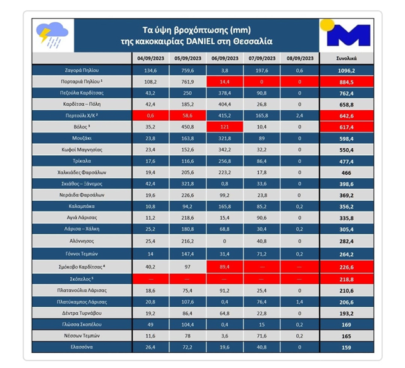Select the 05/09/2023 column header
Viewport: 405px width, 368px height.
pyautogui.click(x=188, y=58)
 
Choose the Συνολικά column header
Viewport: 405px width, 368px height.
pyautogui.click(x=346, y=58)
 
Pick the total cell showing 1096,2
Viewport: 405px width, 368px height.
pyautogui.click(x=346, y=70)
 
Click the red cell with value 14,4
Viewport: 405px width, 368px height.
pyautogui.click(x=225, y=82)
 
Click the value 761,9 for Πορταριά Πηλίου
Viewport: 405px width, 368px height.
pyautogui.click(x=188, y=82)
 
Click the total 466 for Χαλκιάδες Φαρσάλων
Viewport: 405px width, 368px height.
pyautogui.click(x=346, y=172)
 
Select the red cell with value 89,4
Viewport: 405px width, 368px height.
pyautogui.click(x=225, y=267)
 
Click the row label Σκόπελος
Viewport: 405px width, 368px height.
pyautogui.click(x=80, y=279)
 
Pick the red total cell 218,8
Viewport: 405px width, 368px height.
pyautogui.click(x=346, y=279)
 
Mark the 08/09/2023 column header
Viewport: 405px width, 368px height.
pyautogui.click(x=299, y=58)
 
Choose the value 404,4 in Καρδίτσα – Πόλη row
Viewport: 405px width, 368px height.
pyautogui.click(x=225, y=105)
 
